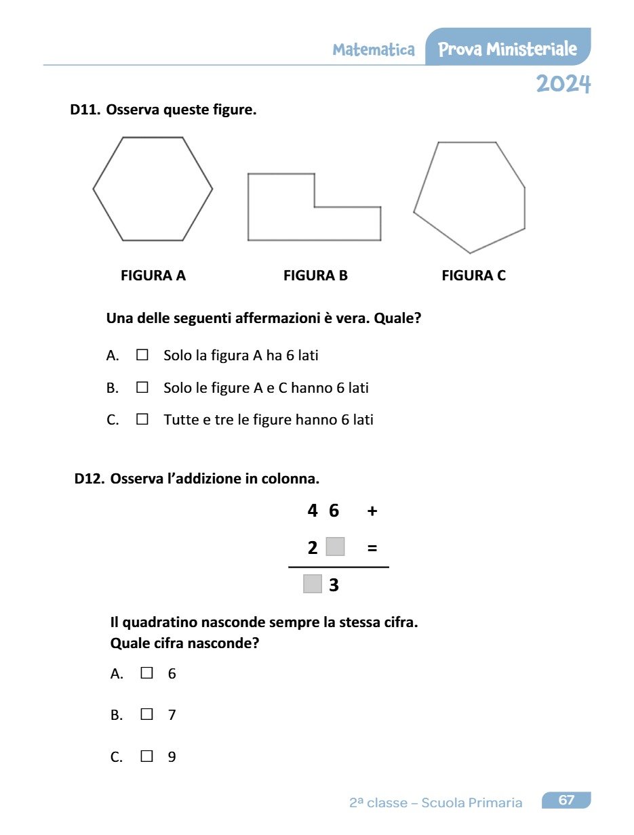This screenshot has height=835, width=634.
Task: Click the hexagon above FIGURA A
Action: click(153, 189)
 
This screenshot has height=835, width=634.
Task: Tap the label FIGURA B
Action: click(315, 276)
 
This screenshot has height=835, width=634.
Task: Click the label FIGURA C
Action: click(473, 276)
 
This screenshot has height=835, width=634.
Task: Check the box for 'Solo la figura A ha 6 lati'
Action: click(142, 354)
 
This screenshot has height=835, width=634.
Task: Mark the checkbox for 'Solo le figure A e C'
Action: click(142, 387)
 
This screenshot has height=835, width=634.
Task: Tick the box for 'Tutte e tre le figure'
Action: click(142, 419)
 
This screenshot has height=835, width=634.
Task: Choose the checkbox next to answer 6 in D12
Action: click(146, 673)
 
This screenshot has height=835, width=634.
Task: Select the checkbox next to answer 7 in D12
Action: click(146, 714)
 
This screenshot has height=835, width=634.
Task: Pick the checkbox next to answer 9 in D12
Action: click(146, 756)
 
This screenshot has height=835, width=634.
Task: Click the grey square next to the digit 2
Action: click(335, 547)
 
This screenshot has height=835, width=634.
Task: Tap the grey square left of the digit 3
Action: click(312, 583)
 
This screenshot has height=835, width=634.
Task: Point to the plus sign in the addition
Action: click(372, 511)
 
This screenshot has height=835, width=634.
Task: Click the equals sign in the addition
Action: click(372, 548)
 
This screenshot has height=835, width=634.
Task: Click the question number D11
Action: click(85, 110)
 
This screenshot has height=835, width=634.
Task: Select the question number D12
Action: click(90, 479)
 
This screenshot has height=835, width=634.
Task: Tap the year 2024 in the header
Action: click(563, 84)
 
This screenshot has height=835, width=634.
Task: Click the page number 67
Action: click(566, 800)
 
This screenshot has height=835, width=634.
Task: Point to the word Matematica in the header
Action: click(374, 49)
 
